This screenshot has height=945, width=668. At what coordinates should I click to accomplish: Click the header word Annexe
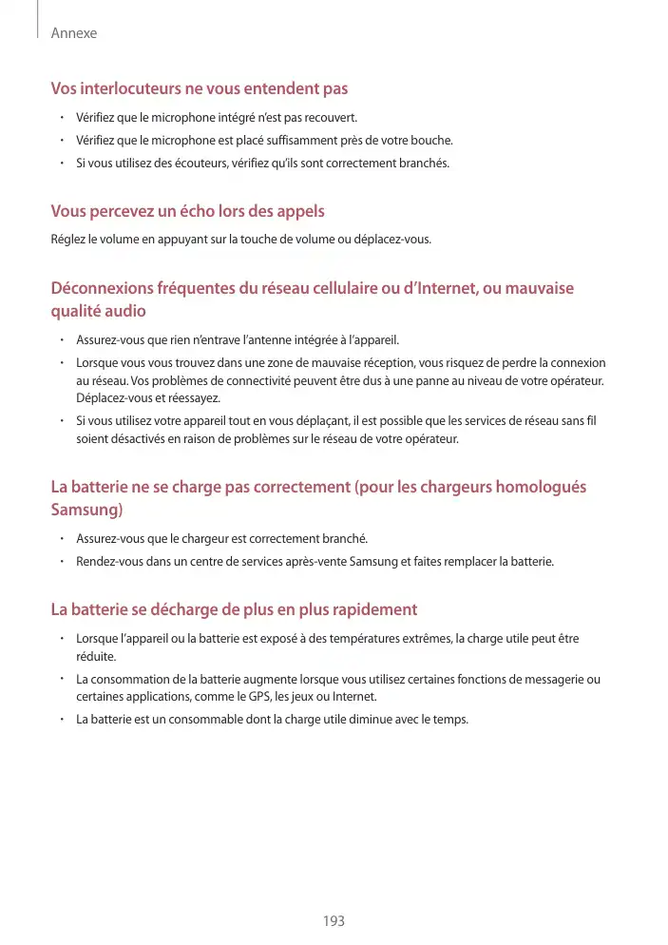(74, 33)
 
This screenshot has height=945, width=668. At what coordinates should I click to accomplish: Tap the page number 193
(334, 921)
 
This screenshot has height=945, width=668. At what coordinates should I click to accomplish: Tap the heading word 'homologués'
(540, 487)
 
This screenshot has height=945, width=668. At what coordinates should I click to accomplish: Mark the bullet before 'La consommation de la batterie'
(60, 679)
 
